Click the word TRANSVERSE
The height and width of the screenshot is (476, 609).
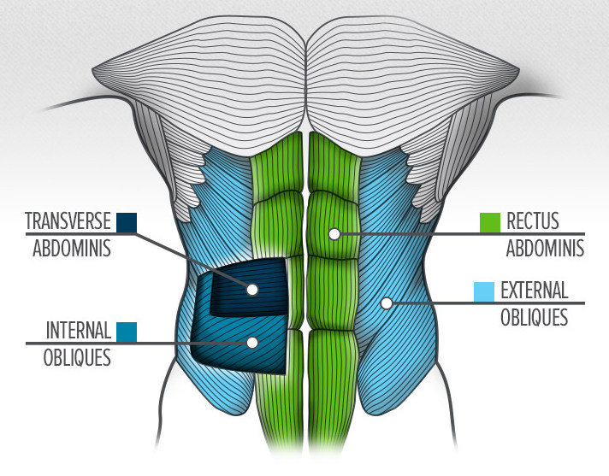tap(68, 221)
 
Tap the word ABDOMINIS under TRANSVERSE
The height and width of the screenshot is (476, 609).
tap(72, 249)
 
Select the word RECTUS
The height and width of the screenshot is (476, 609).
tap(533, 221)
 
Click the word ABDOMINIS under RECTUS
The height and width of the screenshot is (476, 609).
tap(545, 249)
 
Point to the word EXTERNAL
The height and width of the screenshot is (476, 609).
tap(534, 291)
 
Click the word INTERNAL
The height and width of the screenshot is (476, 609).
tap(79, 331)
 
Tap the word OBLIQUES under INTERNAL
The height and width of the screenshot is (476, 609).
tap(77, 358)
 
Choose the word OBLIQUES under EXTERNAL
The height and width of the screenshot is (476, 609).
tap(534, 317)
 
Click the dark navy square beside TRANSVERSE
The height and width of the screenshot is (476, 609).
tap(127, 223)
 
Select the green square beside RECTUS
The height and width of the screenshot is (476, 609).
tap(490, 223)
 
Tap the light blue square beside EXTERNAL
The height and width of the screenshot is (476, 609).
tap(484, 291)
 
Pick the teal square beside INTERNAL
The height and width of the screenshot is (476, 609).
tap(127, 332)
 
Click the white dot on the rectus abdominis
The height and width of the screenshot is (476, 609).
tap(334, 234)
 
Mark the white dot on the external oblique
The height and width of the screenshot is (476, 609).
tap(386, 303)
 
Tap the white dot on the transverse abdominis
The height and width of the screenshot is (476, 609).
tap(252, 289)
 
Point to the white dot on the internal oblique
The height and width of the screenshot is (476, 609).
tap(252, 343)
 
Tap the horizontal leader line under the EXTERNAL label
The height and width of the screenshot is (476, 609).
tap(488, 303)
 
